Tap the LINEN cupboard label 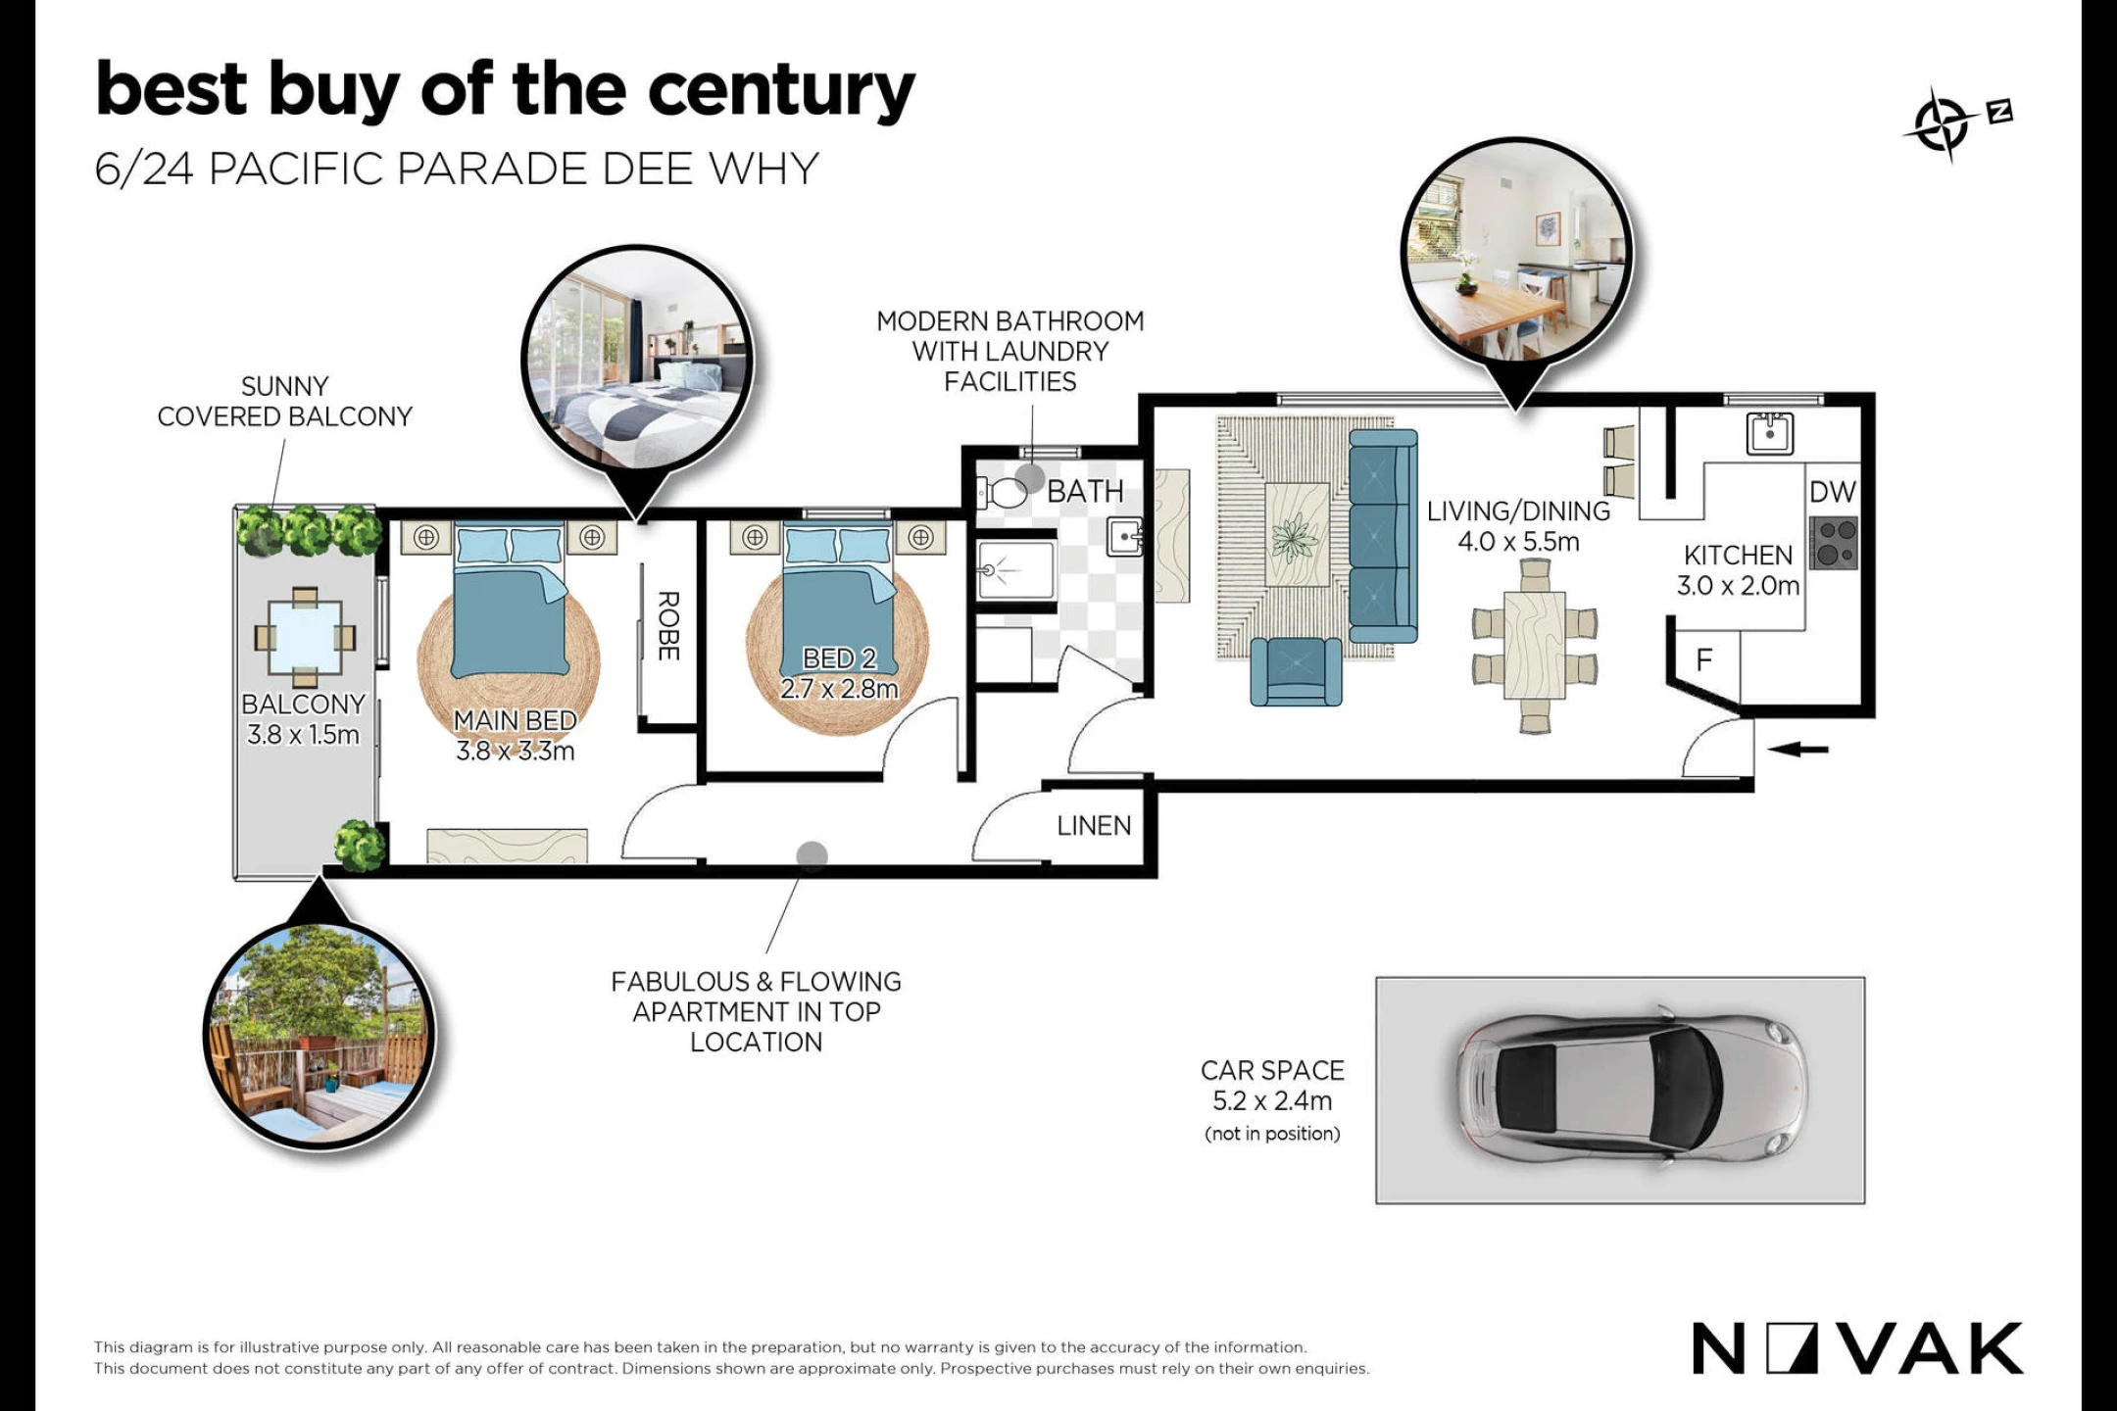pos(1094,826)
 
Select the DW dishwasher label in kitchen pos(1833,492)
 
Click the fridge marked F pos(1704,660)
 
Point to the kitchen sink pos(1770,432)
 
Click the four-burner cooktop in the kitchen pos(1834,544)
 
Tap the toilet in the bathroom pos(1002,492)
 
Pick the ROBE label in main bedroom pos(668,625)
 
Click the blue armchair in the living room pos(1296,670)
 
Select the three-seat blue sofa pos(1383,535)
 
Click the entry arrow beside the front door pos(1798,750)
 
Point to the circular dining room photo pos(1517,253)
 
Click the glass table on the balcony pos(305,637)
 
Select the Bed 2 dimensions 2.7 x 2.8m pos(839,689)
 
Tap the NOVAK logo pos(1857,1349)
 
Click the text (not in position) pos(1272,1134)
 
